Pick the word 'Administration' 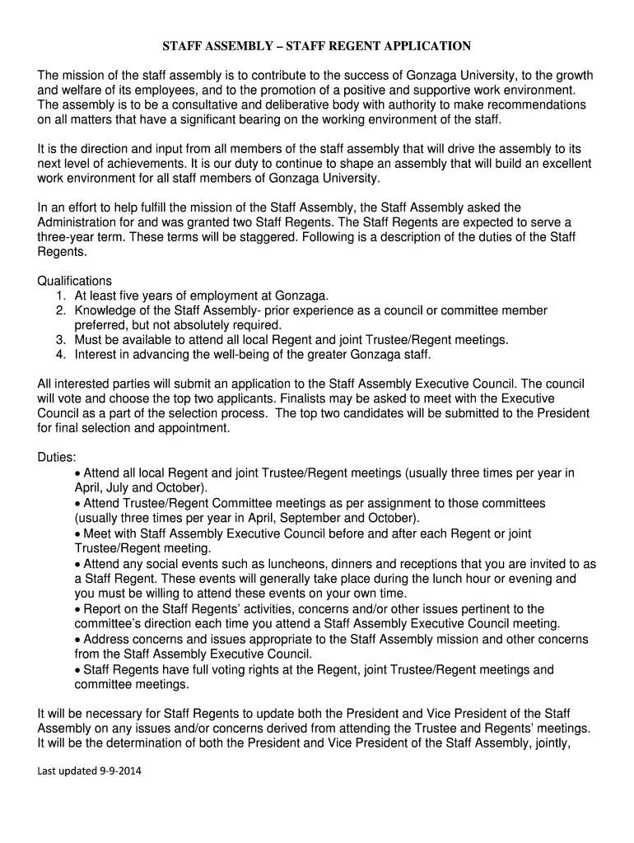(79, 222)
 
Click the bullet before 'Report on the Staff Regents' (77, 608)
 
